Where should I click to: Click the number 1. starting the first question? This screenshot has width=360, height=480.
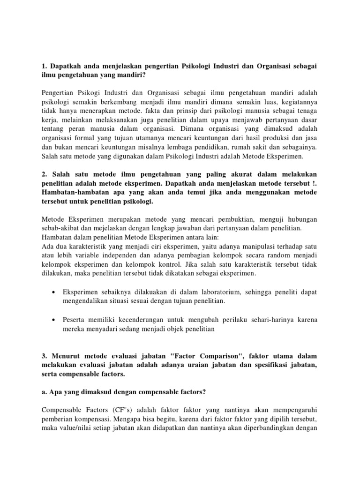coord(45,66)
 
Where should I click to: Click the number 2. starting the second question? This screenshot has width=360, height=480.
coord(45,175)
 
